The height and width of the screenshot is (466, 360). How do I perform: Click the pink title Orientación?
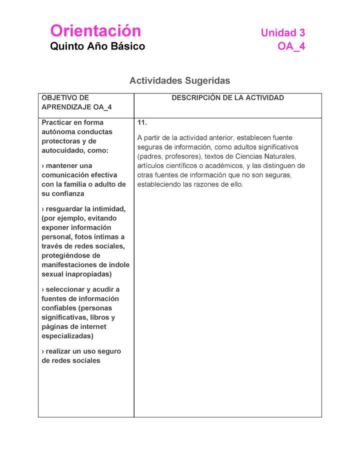tap(95, 31)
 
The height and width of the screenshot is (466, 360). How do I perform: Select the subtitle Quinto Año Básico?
tap(97, 46)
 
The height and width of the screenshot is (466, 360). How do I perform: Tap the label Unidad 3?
tap(282, 33)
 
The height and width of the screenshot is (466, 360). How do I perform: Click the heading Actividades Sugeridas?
tap(180, 80)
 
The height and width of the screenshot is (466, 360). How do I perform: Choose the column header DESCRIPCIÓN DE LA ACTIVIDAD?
tap(227, 98)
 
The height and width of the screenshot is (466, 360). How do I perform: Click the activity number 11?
tap(142, 122)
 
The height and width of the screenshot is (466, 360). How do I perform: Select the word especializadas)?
tap(67, 336)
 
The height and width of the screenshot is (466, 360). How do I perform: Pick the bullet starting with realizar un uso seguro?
tap(81, 356)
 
